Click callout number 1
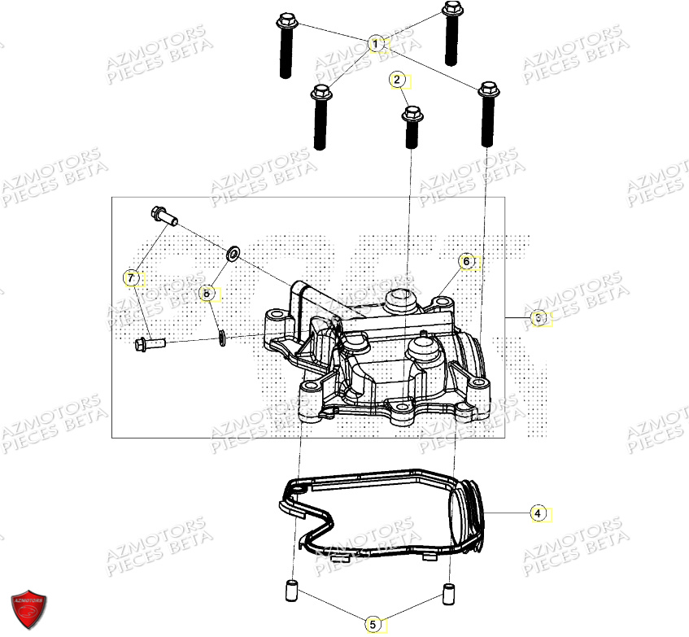[x=375, y=43]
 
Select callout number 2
[x=396, y=80]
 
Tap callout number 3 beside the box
[x=538, y=318]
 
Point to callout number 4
[x=537, y=513]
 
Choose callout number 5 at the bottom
[x=373, y=624]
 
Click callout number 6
[x=466, y=261]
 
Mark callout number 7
[x=129, y=278]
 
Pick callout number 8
[x=207, y=291]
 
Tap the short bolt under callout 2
[x=412, y=126]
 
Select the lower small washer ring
[x=221, y=337]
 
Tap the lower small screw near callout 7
[x=149, y=344]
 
